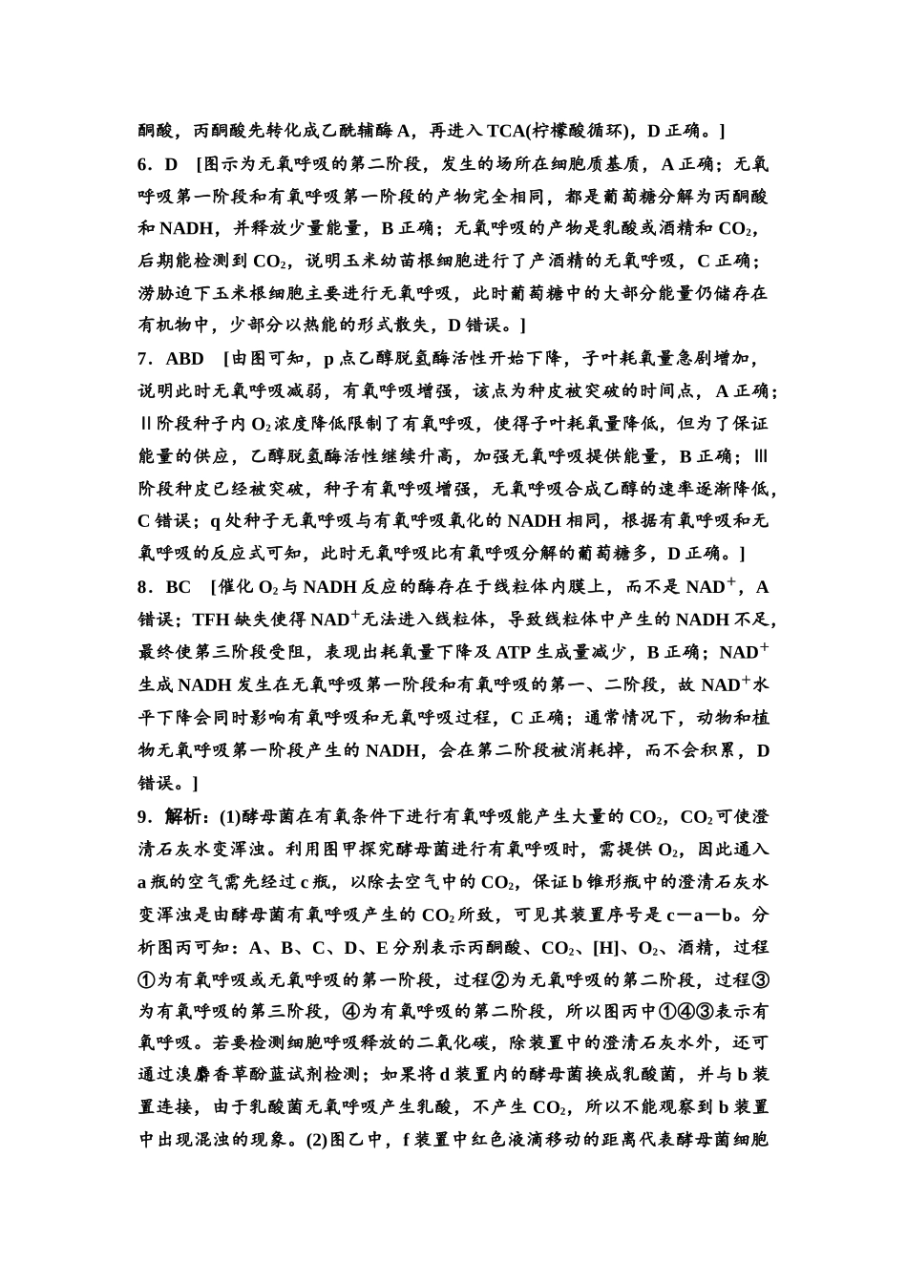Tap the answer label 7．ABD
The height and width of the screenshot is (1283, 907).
(x=171, y=359)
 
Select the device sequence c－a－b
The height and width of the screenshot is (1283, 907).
(x=705, y=914)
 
